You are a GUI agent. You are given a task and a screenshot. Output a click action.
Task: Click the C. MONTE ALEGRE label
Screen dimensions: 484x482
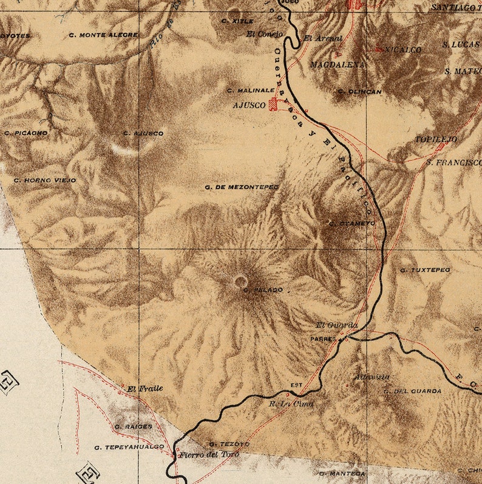point(103,35)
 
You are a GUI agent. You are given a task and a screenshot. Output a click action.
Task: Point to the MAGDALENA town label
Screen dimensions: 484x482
point(338,64)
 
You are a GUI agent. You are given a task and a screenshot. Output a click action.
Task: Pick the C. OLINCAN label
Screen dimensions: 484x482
point(360,92)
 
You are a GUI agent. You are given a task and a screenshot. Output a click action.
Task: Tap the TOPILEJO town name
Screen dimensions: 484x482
point(436,139)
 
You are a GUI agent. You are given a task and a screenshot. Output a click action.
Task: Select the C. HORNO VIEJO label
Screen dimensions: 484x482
point(45,180)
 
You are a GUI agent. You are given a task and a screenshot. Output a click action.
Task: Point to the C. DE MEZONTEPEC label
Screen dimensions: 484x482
point(242,187)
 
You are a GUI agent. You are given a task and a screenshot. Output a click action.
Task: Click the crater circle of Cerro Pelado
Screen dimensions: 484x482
point(241,281)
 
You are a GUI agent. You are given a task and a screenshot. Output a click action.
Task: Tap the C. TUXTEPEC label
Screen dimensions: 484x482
point(425,269)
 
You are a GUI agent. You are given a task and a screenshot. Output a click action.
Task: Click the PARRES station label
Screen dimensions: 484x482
point(323,339)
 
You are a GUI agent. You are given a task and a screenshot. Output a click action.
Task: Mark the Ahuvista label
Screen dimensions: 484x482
point(372,377)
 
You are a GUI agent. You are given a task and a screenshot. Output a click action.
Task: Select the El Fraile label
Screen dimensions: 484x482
point(144,389)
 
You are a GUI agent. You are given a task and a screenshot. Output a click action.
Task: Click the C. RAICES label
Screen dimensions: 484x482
point(132,427)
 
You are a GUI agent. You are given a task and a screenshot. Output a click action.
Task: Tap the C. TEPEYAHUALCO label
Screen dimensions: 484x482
point(129,447)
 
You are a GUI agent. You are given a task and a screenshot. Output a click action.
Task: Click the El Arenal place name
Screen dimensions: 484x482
point(323,38)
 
